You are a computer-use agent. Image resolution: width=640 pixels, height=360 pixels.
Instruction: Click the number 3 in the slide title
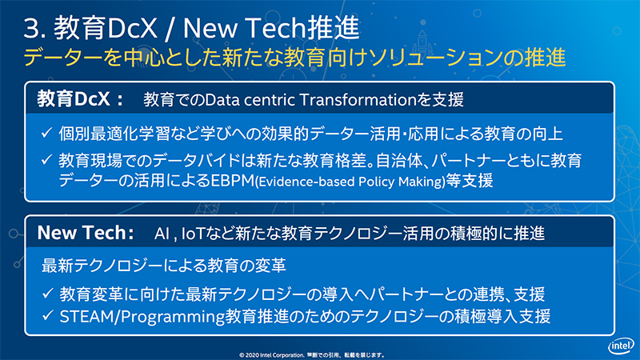tap(33, 30)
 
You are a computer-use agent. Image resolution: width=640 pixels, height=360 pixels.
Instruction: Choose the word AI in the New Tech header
tap(163, 234)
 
